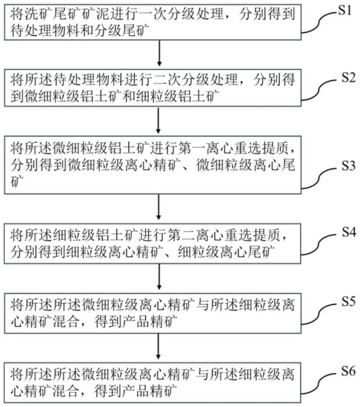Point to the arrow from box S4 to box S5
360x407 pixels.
pos(159,276)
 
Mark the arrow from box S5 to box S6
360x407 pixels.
pos(159,346)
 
